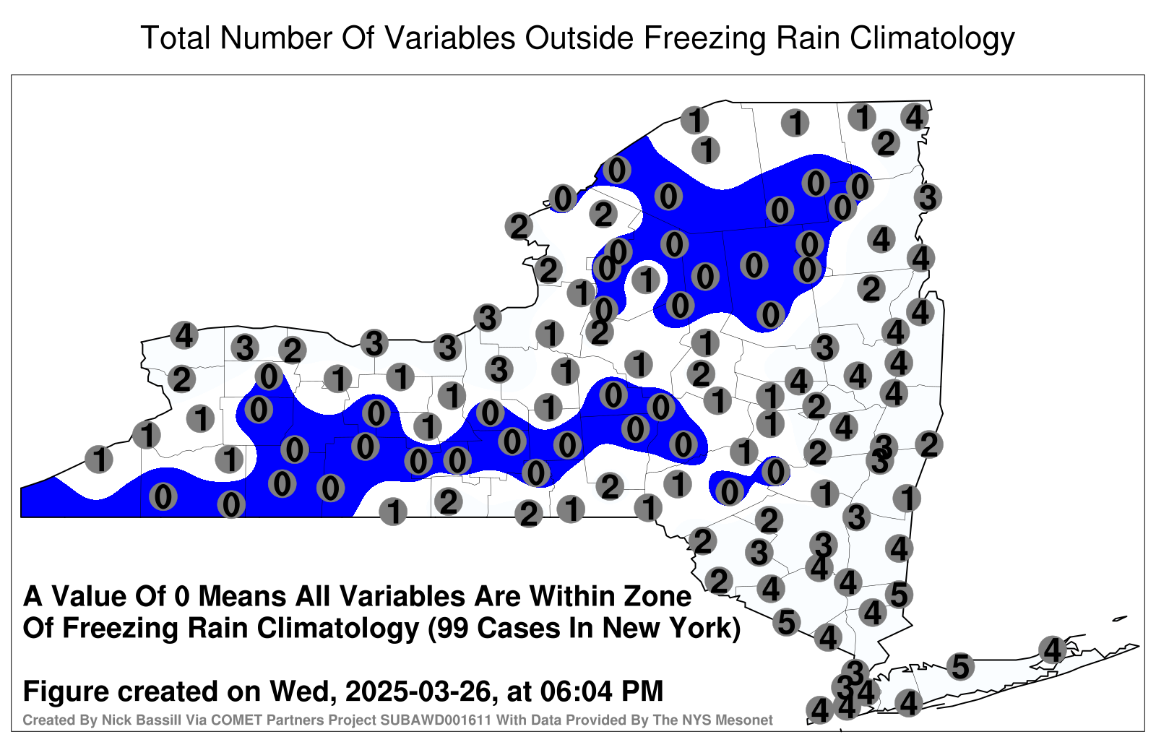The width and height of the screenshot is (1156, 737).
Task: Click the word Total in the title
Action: coord(176,38)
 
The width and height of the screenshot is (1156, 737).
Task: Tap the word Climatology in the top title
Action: coord(932,39)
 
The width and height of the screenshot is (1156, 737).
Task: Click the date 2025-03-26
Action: coord(417,691)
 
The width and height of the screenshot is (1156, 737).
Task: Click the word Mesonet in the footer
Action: coord(749,720)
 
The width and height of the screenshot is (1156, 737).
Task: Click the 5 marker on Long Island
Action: coord(960,666)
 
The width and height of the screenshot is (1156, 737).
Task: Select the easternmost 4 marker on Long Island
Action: coord(1052,650)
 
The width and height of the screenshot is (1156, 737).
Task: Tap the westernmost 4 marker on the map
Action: coord(184,335)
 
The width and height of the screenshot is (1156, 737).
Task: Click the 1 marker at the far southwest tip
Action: coord(98,459)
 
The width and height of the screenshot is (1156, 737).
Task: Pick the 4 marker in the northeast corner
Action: coord(915,117)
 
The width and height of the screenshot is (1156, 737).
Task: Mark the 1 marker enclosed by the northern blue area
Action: coord(645,280)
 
